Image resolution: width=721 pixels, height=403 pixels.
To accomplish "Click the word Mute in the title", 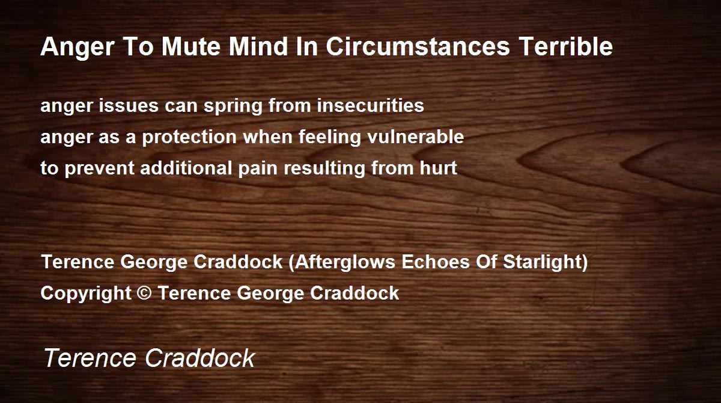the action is click(x=191, y=46).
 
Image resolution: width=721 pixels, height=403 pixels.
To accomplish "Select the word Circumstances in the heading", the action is click(x=418, y=46).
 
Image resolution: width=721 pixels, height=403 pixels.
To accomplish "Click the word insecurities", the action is click(x=371, y=106).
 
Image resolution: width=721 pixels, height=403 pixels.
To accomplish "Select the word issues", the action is click(x=129, y=106).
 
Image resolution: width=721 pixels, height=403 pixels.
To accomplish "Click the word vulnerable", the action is click(x=416, y=137).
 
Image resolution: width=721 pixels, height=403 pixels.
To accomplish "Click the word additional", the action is click(x=186, y=168).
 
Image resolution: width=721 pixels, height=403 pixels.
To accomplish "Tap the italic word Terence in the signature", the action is click(x=90, y=357).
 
